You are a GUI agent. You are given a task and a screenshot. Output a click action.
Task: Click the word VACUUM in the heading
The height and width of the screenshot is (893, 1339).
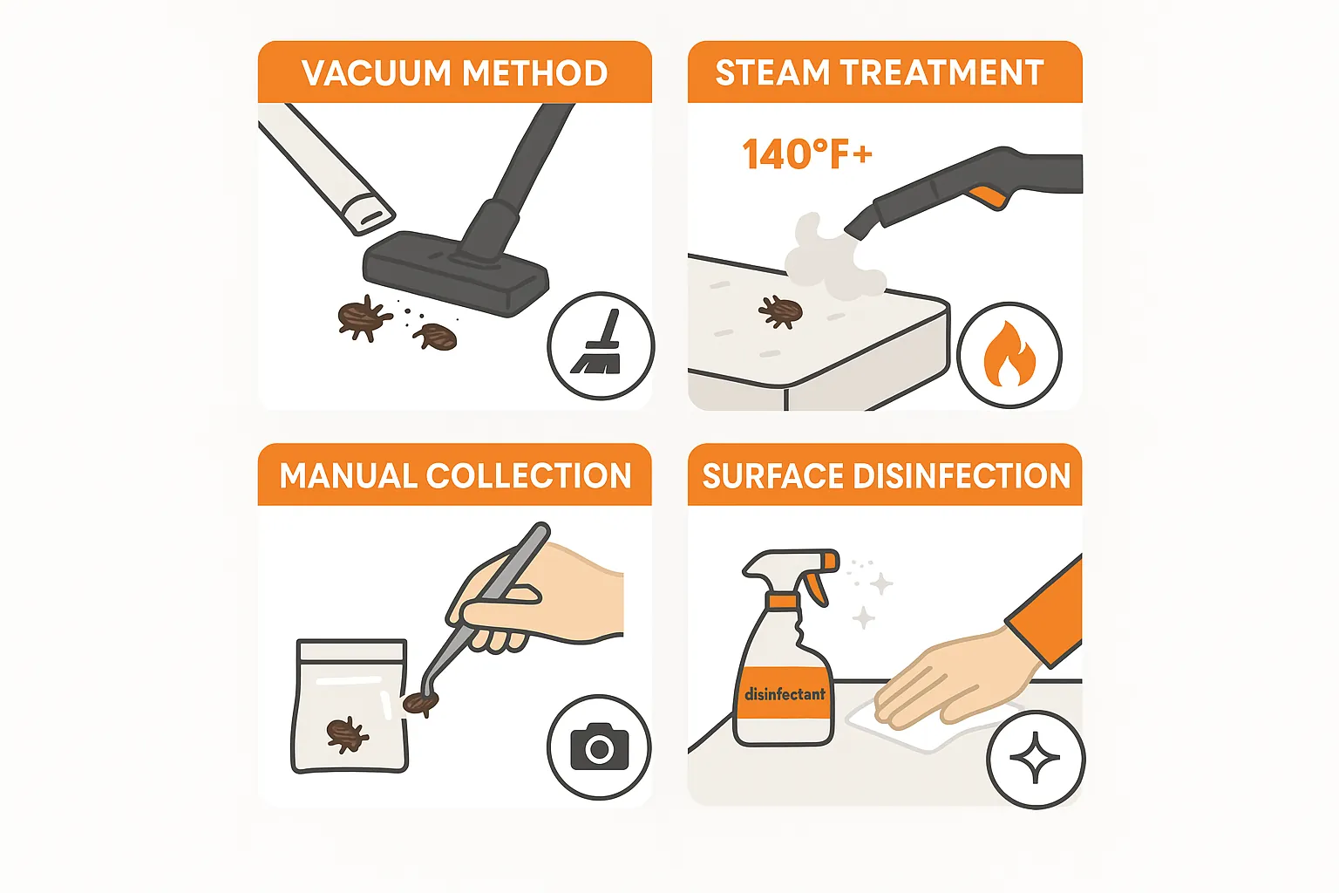point(376,73)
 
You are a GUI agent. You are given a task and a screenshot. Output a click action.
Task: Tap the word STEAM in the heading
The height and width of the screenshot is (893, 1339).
point(771,73)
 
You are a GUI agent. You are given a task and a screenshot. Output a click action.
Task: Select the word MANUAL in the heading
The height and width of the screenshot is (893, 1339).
point(348,476)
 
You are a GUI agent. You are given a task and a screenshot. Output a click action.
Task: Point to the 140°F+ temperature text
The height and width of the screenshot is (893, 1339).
point(806,155)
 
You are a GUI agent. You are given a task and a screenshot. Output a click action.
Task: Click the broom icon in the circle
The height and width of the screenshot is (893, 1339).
point(600,345)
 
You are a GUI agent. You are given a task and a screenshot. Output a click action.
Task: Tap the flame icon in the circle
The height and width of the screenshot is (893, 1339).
point(1009,355)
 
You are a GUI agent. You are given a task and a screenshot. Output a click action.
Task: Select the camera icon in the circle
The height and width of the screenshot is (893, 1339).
point(599,747)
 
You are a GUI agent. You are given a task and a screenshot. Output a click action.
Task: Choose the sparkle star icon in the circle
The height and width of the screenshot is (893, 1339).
point(1035,760)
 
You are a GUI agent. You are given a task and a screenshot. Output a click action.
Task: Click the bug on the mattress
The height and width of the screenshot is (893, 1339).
point(780,311)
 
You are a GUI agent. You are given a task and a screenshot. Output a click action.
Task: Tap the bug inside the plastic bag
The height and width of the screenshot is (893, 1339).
point(347,734)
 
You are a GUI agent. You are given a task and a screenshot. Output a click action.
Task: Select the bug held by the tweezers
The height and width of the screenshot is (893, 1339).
point(421,703)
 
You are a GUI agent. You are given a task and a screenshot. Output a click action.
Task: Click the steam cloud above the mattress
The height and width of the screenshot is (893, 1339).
point(828,256)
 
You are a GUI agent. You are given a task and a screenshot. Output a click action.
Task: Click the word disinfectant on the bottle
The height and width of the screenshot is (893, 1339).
point(785,694)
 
